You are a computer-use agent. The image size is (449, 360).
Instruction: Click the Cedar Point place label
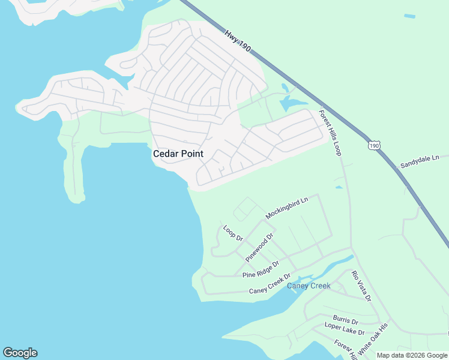click(178, 154)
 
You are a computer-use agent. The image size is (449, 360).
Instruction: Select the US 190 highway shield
click(375, 145)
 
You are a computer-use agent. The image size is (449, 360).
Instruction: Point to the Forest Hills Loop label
click(330, 133)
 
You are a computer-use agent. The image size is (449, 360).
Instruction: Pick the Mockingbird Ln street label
click(286, 207)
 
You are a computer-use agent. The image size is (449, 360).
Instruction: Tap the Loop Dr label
click(233, 233)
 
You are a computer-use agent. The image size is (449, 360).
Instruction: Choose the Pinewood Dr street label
click(259, 247)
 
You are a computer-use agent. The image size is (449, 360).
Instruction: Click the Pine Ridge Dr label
click(261, 269)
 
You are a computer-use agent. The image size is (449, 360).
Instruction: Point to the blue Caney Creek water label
click(309, 286)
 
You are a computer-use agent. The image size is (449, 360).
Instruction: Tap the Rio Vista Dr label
click(362, 286)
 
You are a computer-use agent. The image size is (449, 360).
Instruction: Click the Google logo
click(20, 353)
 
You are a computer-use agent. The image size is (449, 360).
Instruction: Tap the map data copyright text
click(412, 355)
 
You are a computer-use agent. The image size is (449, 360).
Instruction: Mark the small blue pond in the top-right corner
click(409, 16)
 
